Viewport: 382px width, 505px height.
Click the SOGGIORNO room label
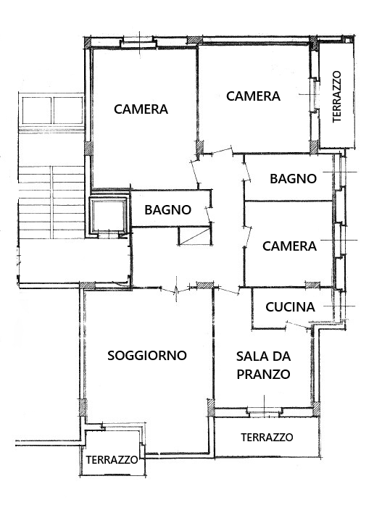147,355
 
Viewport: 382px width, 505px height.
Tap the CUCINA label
290,307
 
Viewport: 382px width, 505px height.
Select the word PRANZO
263,375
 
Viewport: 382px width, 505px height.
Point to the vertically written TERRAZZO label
336,96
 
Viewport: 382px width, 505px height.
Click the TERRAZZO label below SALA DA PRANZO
267,438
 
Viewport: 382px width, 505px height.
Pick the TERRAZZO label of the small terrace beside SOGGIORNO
112,460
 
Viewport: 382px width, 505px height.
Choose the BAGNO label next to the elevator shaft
168,209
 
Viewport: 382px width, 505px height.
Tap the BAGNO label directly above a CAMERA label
293,178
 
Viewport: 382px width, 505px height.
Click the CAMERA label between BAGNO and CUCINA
289,246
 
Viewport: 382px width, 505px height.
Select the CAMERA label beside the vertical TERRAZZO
253,96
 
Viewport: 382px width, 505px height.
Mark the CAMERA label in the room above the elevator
141,109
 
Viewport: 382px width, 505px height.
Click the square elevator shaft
109,214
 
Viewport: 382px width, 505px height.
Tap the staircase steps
51,202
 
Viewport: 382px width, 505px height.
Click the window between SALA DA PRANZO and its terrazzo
265,412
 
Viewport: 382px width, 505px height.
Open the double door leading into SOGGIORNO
176,289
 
